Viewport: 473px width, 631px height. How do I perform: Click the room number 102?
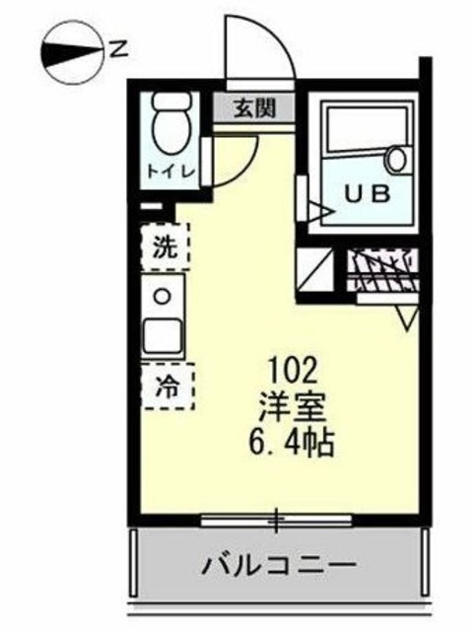tap(293, 371)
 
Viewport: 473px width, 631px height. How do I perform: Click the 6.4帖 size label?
tap(293, 439)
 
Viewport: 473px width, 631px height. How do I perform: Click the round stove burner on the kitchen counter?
tap(164, 294)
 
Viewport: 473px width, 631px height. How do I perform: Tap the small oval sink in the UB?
tap(397, 157)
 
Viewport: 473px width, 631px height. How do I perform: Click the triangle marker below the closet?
tap(407, 316)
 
